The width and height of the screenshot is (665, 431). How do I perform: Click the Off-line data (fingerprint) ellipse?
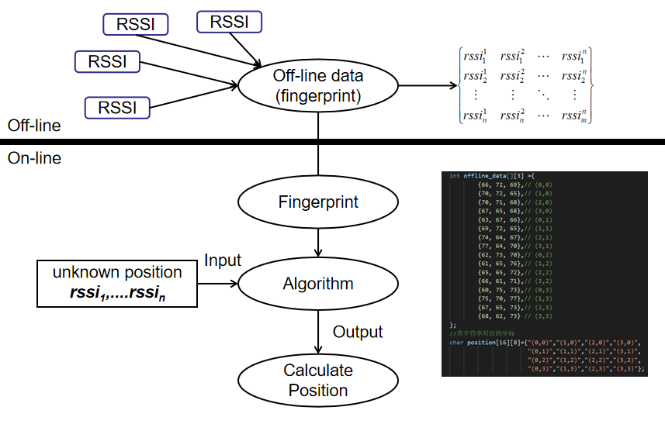[x=317, y=85]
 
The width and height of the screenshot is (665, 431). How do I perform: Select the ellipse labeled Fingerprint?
[x=318, y=202]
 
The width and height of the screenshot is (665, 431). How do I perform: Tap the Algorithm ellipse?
[x=318, y=284]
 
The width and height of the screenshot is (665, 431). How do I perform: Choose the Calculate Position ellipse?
[x=318, y=380]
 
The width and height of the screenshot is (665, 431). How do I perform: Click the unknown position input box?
[x=117, y=284]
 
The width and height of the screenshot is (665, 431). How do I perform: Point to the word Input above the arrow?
[x=223, y=260]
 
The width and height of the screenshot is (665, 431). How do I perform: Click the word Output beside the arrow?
[x=358, y=332]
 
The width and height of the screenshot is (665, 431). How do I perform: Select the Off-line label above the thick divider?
[x=34, y=126]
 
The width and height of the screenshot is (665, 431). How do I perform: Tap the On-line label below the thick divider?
[x=34, y=158]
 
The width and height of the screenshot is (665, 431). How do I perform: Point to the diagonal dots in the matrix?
[x=543, y=95]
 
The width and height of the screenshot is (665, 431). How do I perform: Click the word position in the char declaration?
[x=482, y=342]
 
